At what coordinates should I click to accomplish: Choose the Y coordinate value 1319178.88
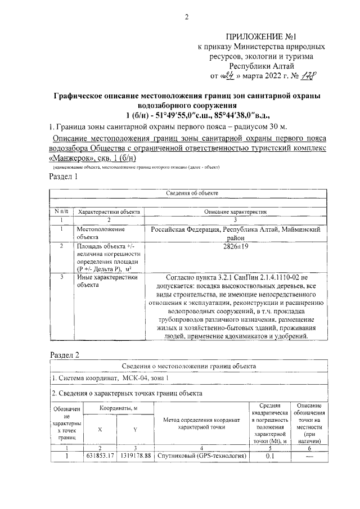[135, 456]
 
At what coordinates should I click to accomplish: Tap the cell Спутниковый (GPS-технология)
[202, 456]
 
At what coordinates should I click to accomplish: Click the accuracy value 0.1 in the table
[269, 456]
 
